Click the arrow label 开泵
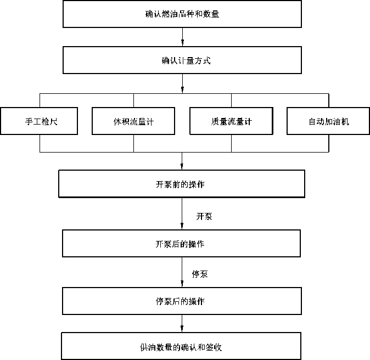pyautogui.click(x=204, y=216)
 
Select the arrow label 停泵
pyautogui.click(x=200, y=274)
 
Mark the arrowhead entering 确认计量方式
pyautogui.click(x=182, y=43)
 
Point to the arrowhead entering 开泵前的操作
pyautogui.click(x=182, y=166)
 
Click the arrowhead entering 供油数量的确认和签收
pyautogui.click(x=182, y=329)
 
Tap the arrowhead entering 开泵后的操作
pyautogui.click(x=182, y=226)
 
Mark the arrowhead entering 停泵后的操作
pyautogui.click(x=182, y=284)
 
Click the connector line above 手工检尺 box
pyautogui.click(x=40, y=100)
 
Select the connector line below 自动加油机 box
pyautogui.click(x=329, y=143)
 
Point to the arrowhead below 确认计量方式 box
pyautogui.click(x=182, y=90)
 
